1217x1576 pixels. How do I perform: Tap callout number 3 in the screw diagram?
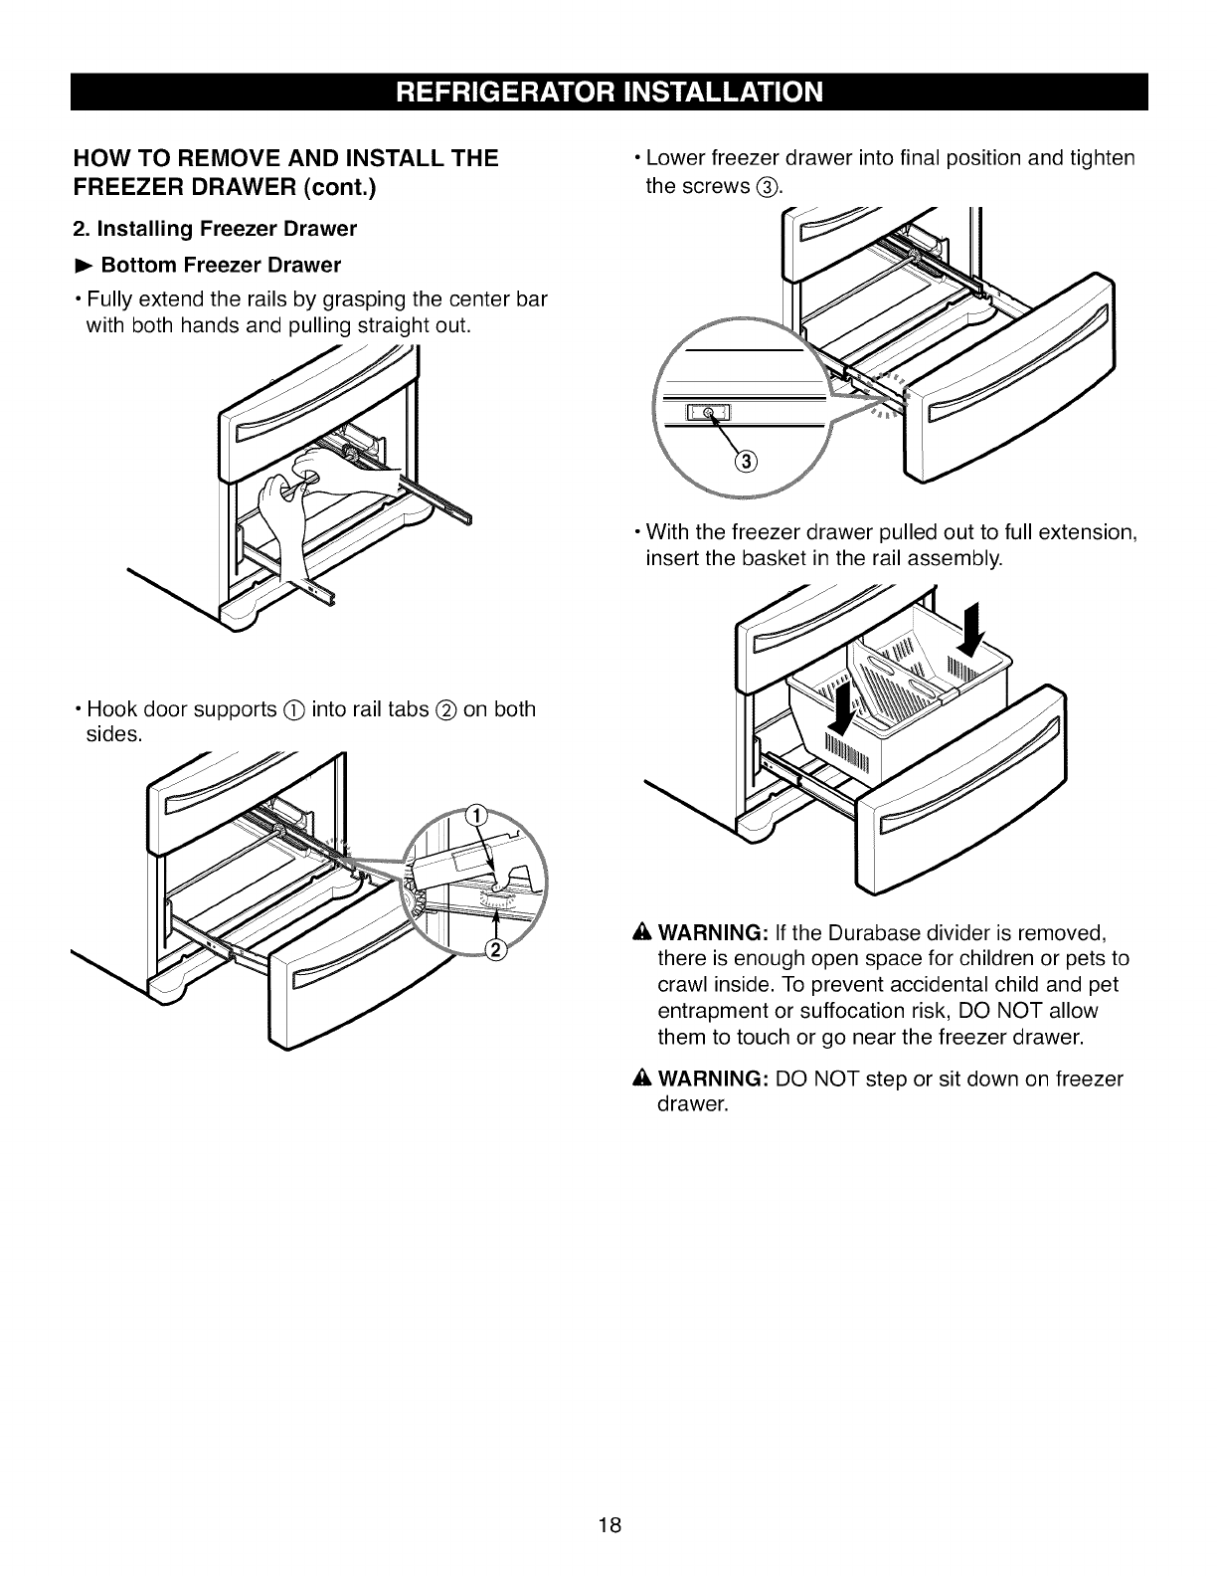coord(747,460)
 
